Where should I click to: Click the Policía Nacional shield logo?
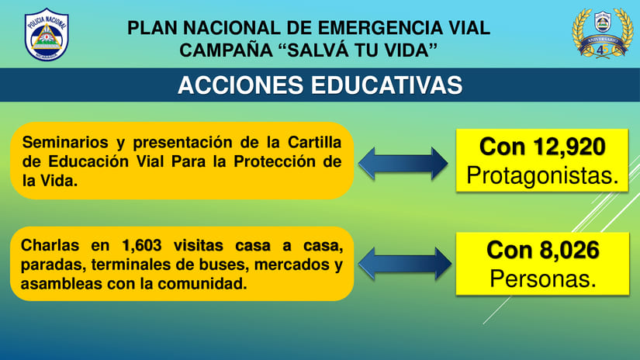coord(47,35)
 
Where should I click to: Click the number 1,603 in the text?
coord(141,246)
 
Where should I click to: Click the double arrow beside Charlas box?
coord(404,264)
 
